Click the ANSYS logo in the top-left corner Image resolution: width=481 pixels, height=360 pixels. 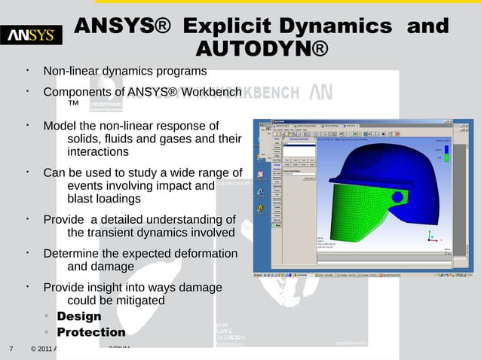[x=31, y=35]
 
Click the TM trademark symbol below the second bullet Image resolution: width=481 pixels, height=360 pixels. [x=74, y=103]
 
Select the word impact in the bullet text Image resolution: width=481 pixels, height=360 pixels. [x=178, y=186]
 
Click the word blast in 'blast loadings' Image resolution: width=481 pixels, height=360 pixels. [x=82, y=200]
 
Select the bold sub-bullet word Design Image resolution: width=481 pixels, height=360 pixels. [x=79, y=316]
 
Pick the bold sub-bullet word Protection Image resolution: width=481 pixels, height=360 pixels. [x=91, y=332]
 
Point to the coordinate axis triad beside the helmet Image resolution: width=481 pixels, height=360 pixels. [x=430, y=236]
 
